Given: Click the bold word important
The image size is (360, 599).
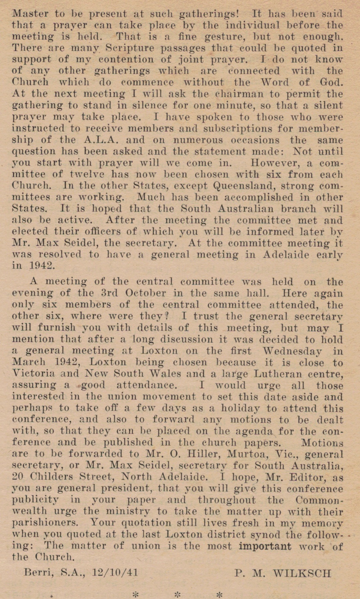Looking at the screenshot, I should (265, 546).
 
